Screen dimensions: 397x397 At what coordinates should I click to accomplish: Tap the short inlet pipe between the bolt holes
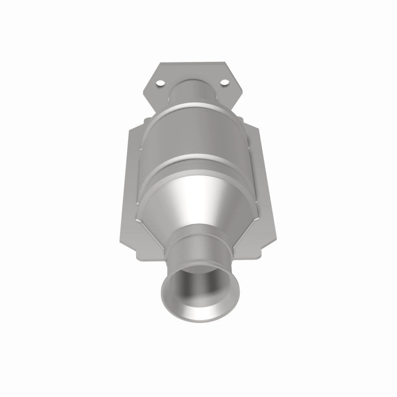pyautogui.click(x=195, y=92)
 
